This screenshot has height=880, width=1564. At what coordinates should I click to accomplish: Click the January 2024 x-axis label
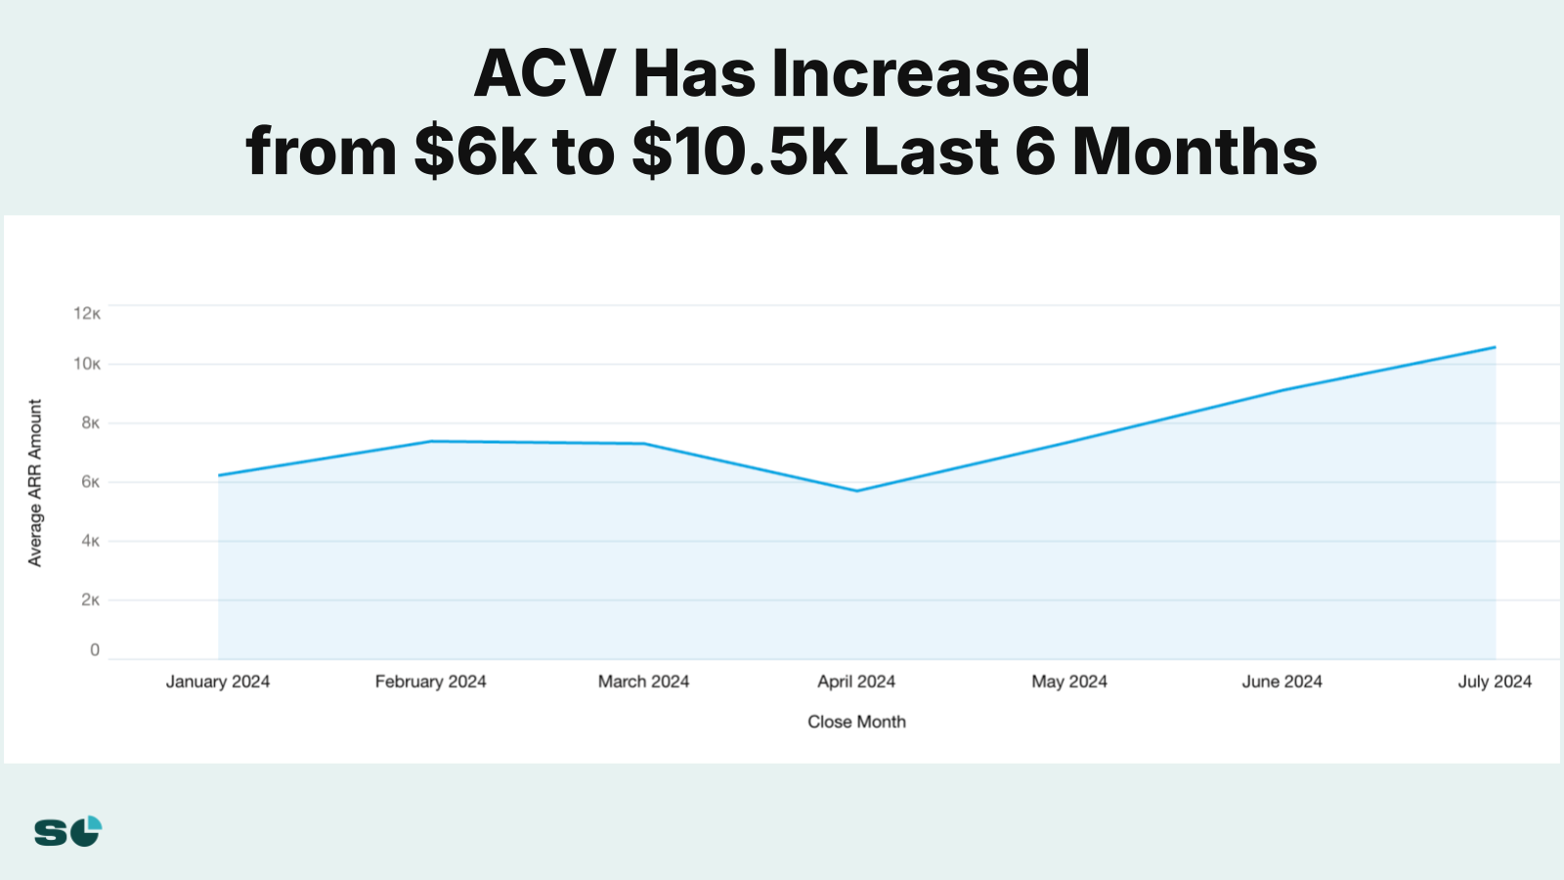pyautogui.click(x=217, y=682)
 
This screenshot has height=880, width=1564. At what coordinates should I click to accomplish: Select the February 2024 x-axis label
pyautogui.click(x=430, y=682)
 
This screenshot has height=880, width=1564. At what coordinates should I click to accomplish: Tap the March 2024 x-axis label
pyautogui.click(x=643, y=682)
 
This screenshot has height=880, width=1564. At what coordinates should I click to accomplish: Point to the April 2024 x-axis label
pyautogui.click(x=856, y=682)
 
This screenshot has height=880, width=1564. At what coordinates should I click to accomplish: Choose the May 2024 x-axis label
pyautogui.click(x=1069, y=682)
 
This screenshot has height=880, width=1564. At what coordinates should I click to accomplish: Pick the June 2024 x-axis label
pyautogui.click(x=1282, y=682)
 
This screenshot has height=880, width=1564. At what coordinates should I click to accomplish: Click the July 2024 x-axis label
pyautogui.click(x=1495, y=682)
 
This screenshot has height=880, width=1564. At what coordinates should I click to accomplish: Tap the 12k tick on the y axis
pyautogui.click(x=87, y=313)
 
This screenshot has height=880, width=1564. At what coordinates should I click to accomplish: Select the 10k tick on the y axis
pyautogui.click(x=87, y=364)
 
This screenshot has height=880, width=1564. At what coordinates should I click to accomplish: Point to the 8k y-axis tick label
pyautogui.click(x=90, y=422)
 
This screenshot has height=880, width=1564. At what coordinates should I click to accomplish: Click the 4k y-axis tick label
pyautogui.click(x=90, y=541)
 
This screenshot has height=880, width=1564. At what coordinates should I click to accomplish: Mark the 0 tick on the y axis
pyautogui.click(x=95, y=650)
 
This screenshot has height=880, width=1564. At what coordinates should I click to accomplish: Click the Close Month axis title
pyautogui.click(x=856, y=722)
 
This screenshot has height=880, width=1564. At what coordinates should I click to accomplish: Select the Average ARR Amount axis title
pyautogui.click(x=35, y=483)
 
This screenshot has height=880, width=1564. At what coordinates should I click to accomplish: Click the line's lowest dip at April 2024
pyautogui.click(x=856, y=491)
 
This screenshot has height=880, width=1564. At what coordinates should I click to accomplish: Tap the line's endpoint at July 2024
pyautogui.click(x=1495, y=347)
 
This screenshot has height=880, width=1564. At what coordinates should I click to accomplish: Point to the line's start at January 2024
pyautogui.click(x=219, y=475)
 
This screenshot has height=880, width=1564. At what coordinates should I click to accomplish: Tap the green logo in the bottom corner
pyautogui.click(x=67, y=831)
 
